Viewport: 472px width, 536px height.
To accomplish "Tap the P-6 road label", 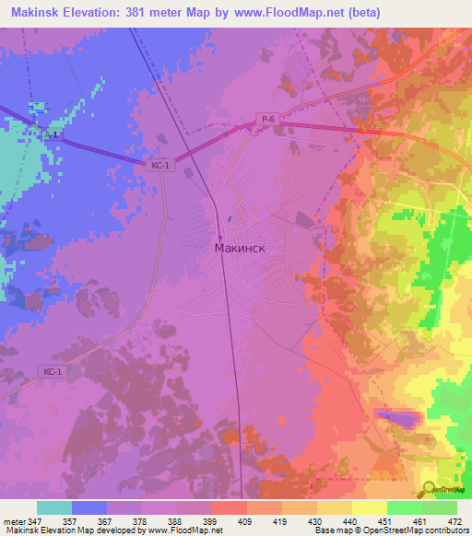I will tap(266, 117).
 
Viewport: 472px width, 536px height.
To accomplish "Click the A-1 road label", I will tap(53, 134).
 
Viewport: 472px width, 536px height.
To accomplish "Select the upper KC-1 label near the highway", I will tap(160, 165).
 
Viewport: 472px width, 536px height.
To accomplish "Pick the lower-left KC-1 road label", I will tap(53, 371).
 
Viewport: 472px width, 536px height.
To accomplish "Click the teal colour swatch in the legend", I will tap(53, 507).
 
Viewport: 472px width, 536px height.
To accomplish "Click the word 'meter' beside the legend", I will tap(12, 520).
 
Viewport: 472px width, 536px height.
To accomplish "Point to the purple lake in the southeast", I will tap(398, 419).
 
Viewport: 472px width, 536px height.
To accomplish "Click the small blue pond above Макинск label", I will tap(229, 219).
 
